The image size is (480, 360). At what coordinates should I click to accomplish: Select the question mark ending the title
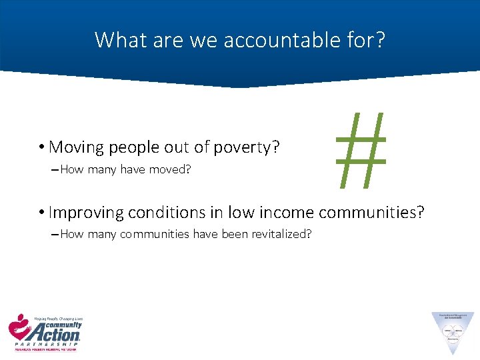379,40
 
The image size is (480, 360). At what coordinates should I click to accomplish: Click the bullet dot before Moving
41,147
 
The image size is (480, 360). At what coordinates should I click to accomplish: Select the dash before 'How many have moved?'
54,170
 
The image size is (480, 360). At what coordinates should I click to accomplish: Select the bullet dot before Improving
41,213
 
